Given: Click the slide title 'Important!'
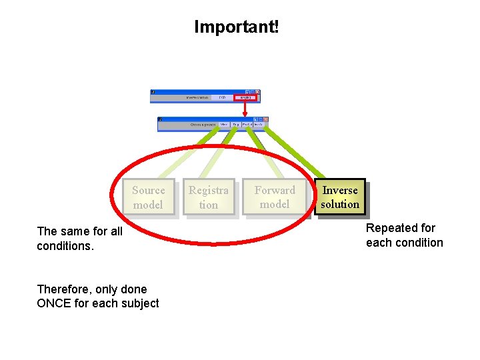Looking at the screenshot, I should [237, 27].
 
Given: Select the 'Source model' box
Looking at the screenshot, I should [148, 197].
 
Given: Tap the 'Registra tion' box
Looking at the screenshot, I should [208, 197].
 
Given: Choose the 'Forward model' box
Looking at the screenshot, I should [274, 197].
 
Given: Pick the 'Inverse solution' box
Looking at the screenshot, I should [340, 197].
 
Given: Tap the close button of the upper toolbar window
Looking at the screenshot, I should [258, 92].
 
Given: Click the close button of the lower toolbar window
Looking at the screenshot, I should [265, 119].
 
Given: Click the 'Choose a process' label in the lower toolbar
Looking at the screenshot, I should [203, 125].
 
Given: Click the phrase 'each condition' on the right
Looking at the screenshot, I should [404, 243].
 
